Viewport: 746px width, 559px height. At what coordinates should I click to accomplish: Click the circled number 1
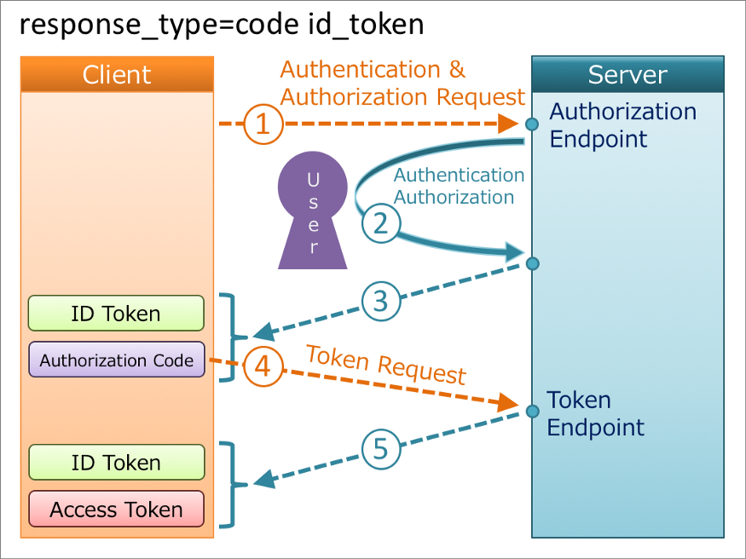pos(263,124)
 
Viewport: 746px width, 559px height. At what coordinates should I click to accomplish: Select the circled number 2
pos(380,223)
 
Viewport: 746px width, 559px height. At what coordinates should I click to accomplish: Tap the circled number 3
pos(380,300)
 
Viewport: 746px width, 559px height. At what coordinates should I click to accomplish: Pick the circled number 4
pos(263,366)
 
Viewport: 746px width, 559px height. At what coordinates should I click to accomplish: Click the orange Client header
pos(117,74)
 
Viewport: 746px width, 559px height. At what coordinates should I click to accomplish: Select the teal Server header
pos(627,74)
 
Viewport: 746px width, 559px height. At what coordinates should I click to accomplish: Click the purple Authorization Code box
pos(117,360)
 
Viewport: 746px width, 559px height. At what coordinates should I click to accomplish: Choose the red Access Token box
pos(117,510)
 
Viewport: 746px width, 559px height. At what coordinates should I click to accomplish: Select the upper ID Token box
pos(117,314)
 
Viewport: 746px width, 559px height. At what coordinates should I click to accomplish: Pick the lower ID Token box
pos(117,463)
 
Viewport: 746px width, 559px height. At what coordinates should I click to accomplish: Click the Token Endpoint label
pos(595,413)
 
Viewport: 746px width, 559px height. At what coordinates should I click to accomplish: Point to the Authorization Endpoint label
pos(622,124)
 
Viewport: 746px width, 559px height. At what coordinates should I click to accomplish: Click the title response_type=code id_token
pos(222,25)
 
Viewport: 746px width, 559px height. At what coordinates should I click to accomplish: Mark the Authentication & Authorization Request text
pos(402,84)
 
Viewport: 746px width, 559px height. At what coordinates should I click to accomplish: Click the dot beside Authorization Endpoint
pos(532,124)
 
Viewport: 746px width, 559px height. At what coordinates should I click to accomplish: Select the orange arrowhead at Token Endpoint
pos(509,402)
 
